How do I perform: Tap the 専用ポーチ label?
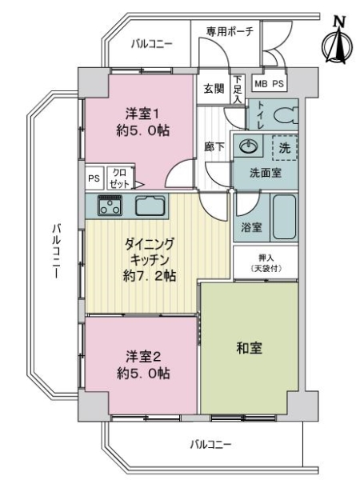pyautogui.click(x=229, y=31)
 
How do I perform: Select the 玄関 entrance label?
pyautogui.click(x=213, y=88)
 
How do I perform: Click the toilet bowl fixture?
pyautogui.click(x=283, y=114)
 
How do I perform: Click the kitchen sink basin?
pyautogui.click(x=150, y=205)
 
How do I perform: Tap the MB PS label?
pyautogui.click(x=268, y=83)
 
